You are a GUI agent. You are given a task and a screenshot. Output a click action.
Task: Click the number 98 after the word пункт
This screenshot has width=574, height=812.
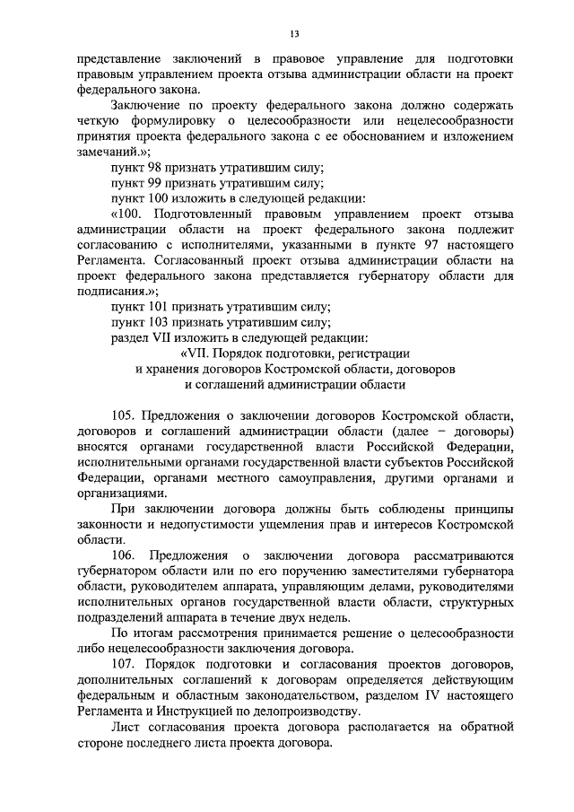[159, 168]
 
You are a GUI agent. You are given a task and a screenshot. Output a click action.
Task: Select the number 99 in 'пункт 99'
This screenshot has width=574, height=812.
[159, 183]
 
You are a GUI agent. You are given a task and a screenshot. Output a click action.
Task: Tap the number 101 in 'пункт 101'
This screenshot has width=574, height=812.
[162, 307]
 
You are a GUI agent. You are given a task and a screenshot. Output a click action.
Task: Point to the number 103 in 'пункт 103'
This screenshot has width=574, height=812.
[162, 322]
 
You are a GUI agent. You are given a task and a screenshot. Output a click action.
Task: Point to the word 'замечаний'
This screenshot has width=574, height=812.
[109, 153]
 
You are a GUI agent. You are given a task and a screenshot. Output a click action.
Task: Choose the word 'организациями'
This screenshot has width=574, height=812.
[121, 493]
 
